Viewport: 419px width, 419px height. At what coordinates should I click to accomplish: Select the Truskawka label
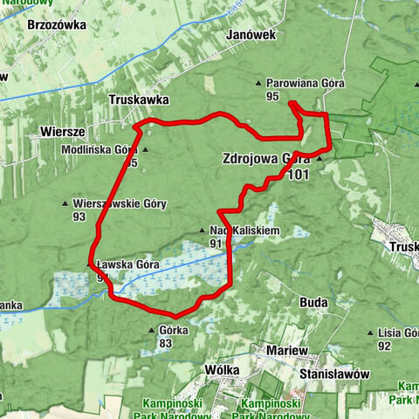tap(139, 100)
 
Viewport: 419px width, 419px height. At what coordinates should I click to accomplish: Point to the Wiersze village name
tap(62, 131)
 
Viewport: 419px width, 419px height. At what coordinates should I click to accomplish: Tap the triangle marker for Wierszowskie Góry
tap(66, 204)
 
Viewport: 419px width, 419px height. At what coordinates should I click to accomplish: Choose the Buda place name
tap(313, 302)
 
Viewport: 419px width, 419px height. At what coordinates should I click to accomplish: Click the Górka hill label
tap(175, 331)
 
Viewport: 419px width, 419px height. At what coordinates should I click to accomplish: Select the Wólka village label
tap(222, 369)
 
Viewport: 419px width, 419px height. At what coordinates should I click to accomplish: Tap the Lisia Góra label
tap(399, 333)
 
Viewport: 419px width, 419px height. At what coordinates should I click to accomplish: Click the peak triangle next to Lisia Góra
tap(371, 333)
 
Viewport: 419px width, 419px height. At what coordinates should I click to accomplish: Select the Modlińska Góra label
tap(98, 149)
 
